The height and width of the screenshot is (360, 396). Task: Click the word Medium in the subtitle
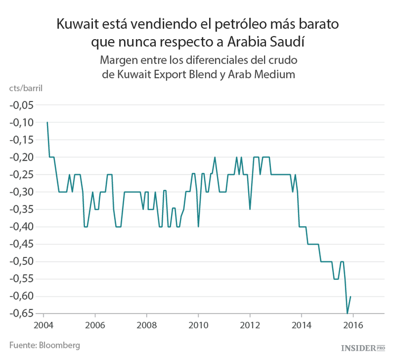tap(274, 74)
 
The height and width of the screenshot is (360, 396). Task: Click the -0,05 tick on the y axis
tap(22, 105)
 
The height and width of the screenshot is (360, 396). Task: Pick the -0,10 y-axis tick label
tap(22, 123)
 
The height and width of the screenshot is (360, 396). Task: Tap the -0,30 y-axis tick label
tap(22, 192)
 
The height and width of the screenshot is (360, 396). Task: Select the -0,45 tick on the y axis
tap(22, 244)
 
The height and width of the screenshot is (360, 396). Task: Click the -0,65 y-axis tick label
tap(22, 313)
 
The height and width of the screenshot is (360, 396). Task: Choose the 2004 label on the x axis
tap(42, 325)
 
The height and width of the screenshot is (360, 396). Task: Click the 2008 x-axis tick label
tap(146, 325)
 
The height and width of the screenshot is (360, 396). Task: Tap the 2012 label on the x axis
tap(250, 325)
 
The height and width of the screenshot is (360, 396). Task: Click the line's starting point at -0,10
tap(48, 122)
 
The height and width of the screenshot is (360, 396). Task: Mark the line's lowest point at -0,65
tap(347, 313)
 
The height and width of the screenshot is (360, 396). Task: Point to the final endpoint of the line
tap(351, 297)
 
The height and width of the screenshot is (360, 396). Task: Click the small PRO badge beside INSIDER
tap(381, 347)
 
